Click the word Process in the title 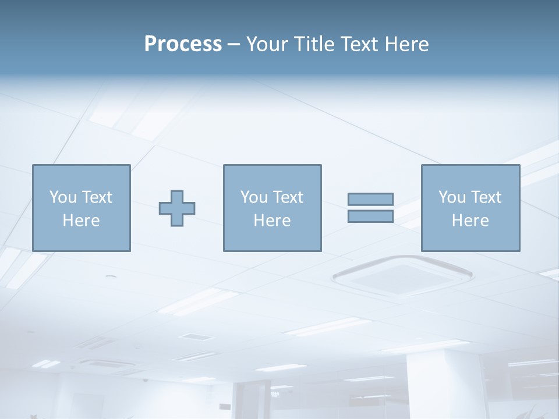pyautogui.click(x=183, y=44)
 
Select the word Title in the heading pyautogui.click(x=310, y=44)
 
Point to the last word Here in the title pyautogui.click(x=407, y=44)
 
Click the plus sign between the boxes pyautogui.click(x=177, y=208)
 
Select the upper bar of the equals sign pyautogui.click(x=370, y=199)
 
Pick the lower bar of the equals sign pyautogui.click(x=370, y=216)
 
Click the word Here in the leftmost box pyautogui.click(x=81, y=221)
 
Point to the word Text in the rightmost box pyautogui.click(x=486, y=197)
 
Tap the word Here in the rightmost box pyautogui.click(x=470, y=221)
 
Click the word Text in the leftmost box pyautogui.click(x=97, y=197)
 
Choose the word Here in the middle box pyautogui.click(x=272, y=221)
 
